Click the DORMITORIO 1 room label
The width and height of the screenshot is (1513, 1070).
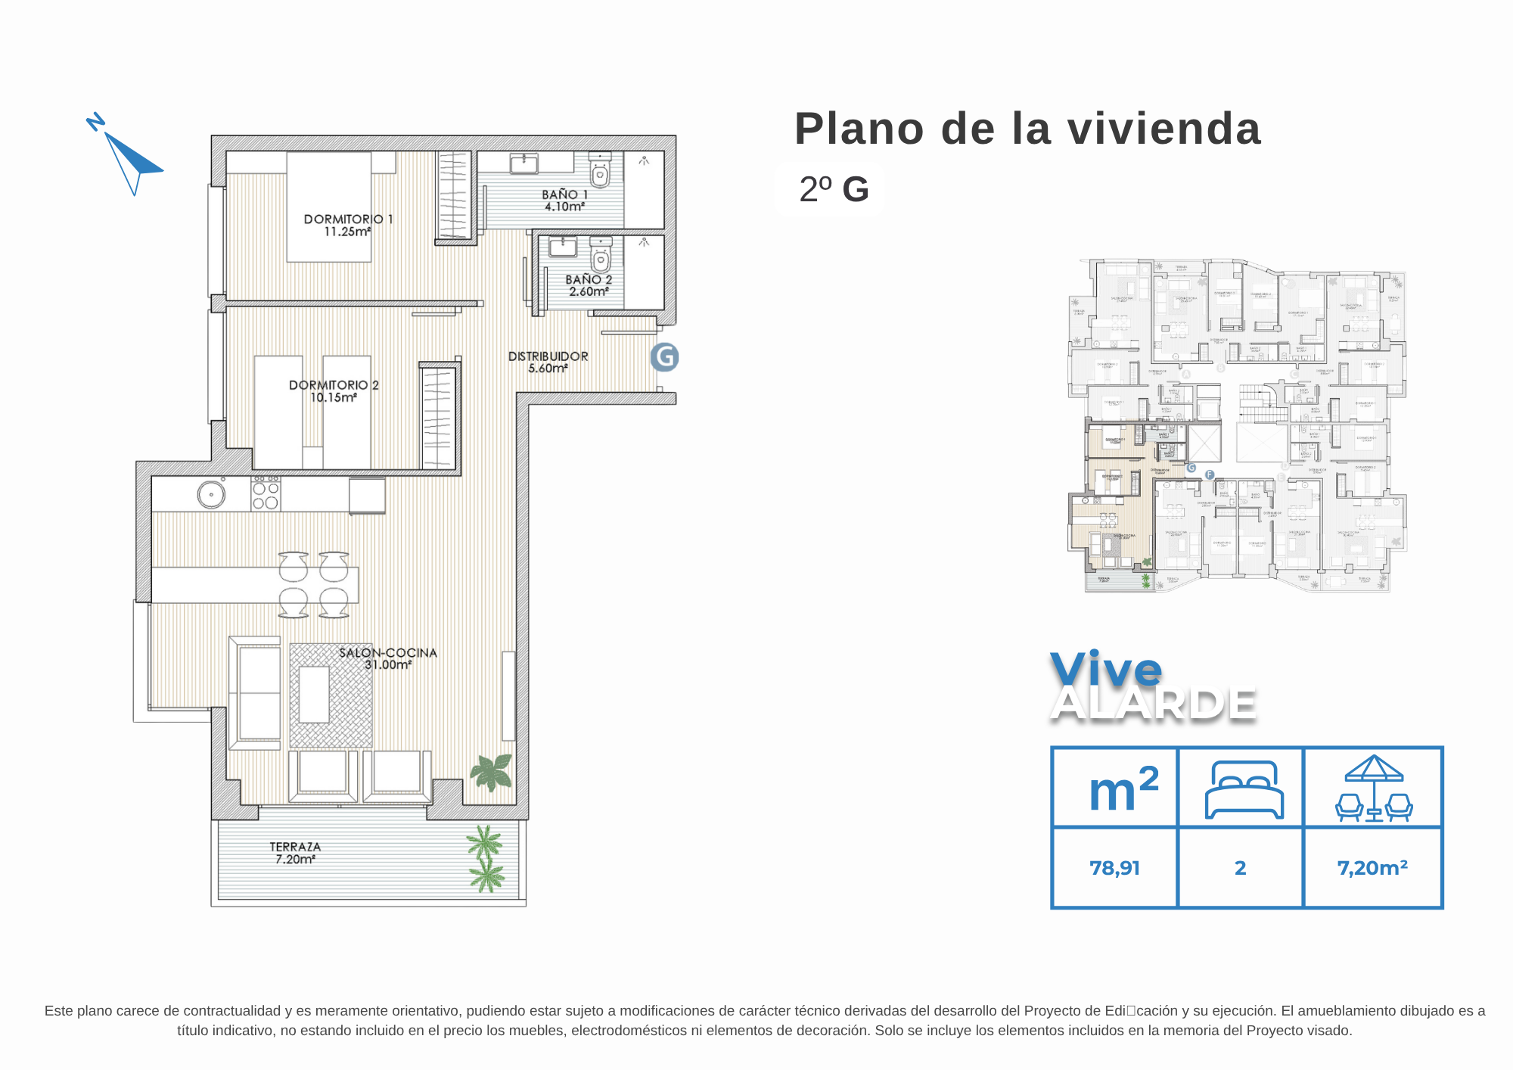click(x=348, y=219)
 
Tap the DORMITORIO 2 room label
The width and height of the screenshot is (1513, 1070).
click(x=334, y=385)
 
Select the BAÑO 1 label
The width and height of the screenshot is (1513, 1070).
click(x=564, y=194)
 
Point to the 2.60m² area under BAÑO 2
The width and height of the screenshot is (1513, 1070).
click(x=589, y=291)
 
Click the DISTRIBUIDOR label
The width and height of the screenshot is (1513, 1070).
click(x=548, y=356)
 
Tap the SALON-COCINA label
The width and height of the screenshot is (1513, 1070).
click(x=387, y=653)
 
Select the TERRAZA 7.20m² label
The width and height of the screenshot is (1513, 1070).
click(x=295, y=853)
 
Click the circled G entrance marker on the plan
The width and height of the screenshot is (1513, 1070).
click(x=665, y=357)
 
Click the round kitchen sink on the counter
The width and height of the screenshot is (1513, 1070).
click(x=211, y=495)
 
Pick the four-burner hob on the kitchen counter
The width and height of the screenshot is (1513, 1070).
click(x=266, y=493)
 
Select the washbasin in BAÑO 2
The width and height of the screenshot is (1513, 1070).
click(x=562, y=247)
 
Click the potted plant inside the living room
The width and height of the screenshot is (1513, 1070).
click(x=492, y=773)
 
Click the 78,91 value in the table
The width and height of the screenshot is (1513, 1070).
click(x=1114, y=868)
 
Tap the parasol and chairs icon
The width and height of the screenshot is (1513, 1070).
click(x=1374, y=789)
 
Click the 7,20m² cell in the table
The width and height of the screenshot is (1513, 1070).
click(x=1372, y=868)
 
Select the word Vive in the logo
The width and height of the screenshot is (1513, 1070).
click(x=1105, y=669)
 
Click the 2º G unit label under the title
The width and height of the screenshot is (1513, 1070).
click(x=834, y=189)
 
